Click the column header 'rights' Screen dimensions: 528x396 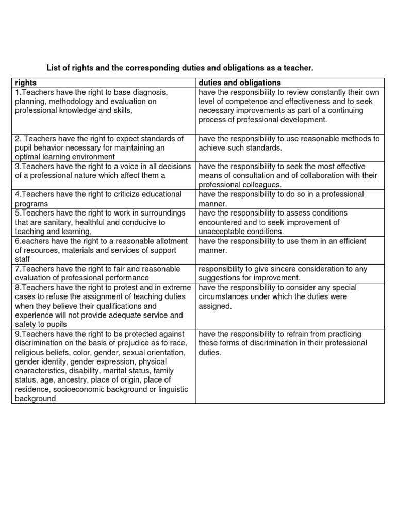click(x=26, y=82)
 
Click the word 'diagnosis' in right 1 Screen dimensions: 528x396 click(x=149, y=92)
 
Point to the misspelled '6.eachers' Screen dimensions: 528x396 click(x=30, y=241)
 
